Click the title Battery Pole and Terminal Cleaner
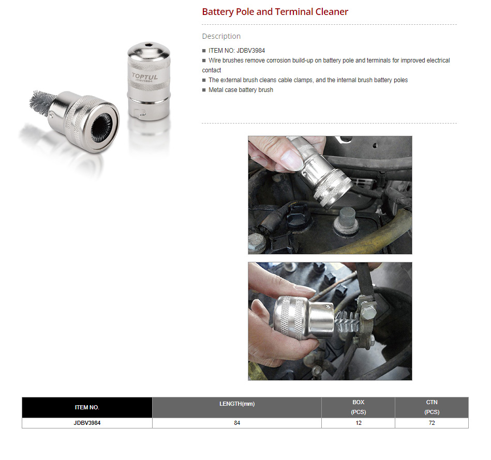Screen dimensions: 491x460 pos(275,12)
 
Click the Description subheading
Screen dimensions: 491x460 pos(221,36)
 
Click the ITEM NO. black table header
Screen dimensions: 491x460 pos(87,407)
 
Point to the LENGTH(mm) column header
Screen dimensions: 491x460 pos(237,404)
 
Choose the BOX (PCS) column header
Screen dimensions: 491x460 pos(358,407)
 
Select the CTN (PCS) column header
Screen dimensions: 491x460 pos(432,407)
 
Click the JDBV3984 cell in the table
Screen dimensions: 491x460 pos(87,423)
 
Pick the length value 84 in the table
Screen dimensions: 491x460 pos(237,423)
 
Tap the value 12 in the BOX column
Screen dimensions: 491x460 pos(358,423)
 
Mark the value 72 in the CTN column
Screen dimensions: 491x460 pos(432,423)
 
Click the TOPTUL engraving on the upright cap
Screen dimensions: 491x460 pos(145,76)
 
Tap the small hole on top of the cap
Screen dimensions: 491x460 pos(148,45)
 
